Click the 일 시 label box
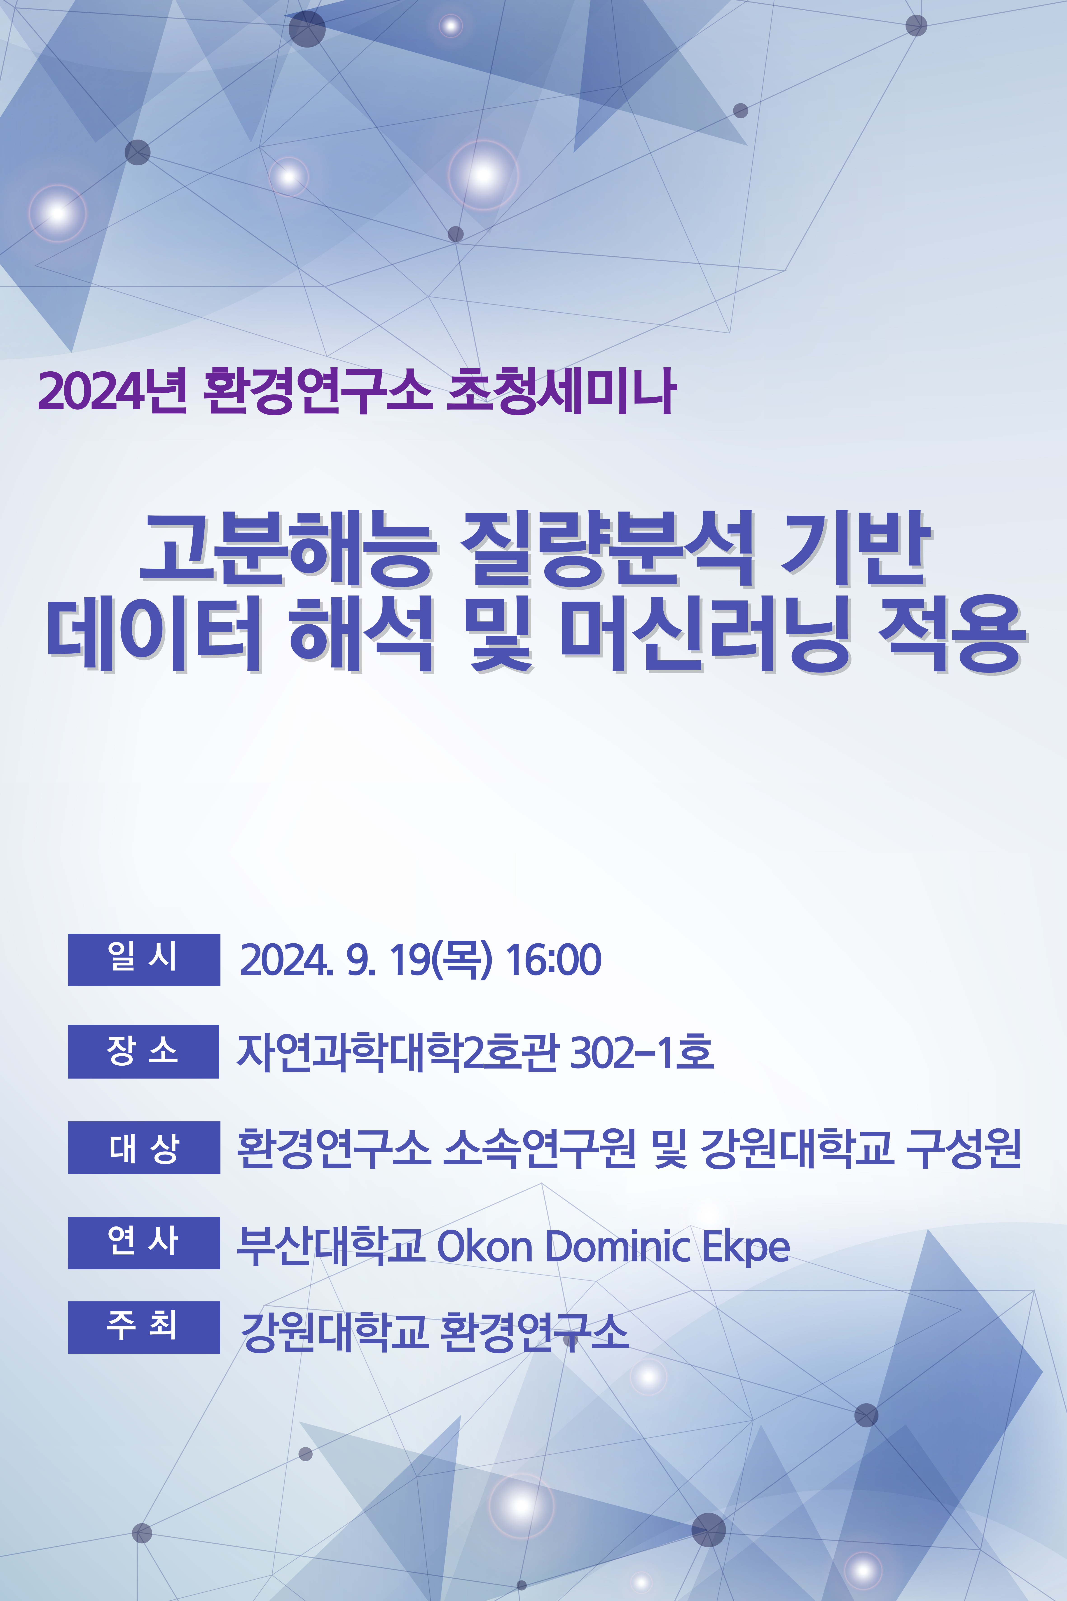pos(144,959)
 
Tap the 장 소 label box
pos(144,1051)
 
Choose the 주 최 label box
pos(144,1327)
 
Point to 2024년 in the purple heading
pos(112,391)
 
